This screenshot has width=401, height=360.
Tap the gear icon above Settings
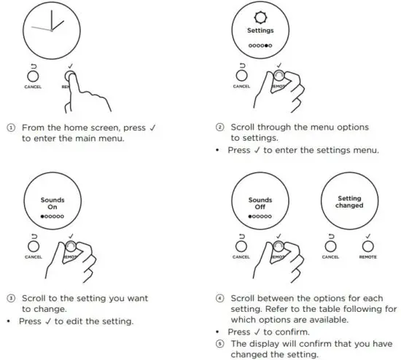click(x=260, y=17)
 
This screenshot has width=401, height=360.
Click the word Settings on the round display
click(x=260, y=31)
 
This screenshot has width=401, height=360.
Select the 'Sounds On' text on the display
click(x=53, y=203)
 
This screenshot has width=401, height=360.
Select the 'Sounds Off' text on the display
click(x=260, y=203)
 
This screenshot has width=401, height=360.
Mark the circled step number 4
click(x=219, y=298)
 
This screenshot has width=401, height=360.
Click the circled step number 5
click(x=219, y=344)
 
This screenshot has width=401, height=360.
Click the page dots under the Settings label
click(x=260, y=45)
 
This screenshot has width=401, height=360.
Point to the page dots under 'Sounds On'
click(x=53, y=216)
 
